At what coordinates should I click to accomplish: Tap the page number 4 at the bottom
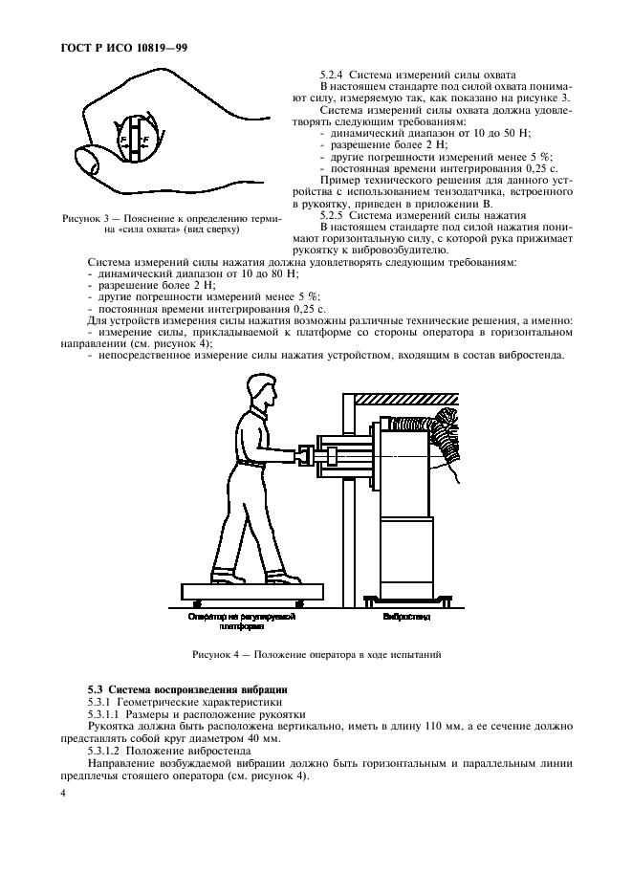tap(63, 794)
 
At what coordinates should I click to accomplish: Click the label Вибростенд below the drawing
tap(406, 618)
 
